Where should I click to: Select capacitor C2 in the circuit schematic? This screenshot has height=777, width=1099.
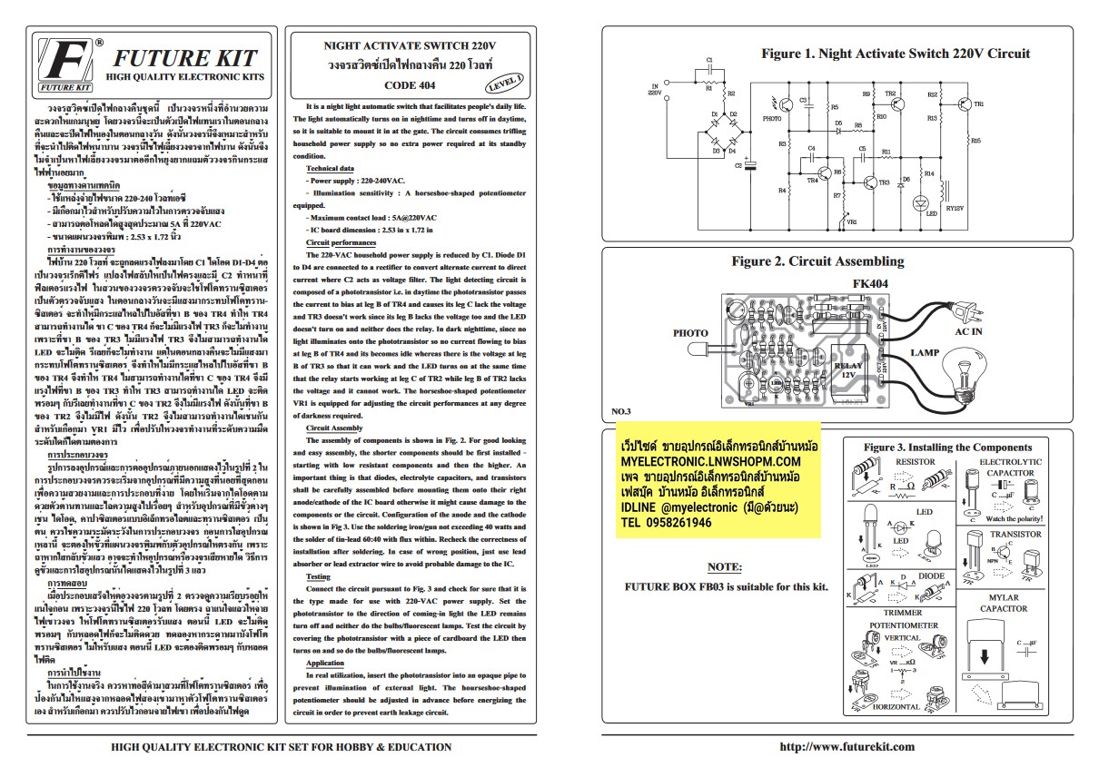point(748,167)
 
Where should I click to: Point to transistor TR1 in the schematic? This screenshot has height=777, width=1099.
point(967,105)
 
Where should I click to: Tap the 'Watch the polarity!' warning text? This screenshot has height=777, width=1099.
point(1014,518)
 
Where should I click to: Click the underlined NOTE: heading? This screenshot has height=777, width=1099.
point(724,567)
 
